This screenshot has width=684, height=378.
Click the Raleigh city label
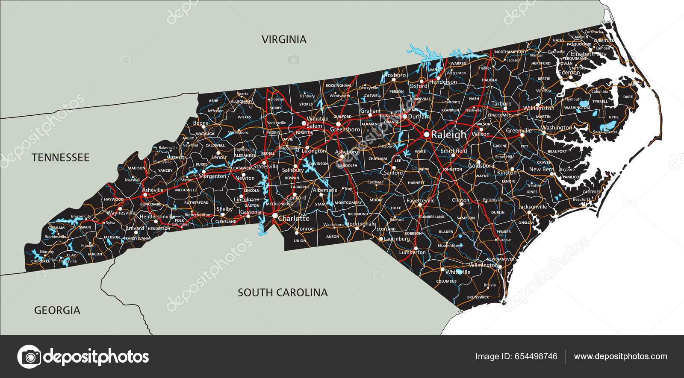tap(448, 135)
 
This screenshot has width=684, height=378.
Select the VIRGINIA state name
tap(284, 40)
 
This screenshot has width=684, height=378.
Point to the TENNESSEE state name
tap(60, 158)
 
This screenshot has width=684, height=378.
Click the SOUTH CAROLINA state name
tap(283, 293)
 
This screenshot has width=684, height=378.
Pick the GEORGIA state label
tap(57, 311)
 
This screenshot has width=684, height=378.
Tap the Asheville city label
tap(153, 190)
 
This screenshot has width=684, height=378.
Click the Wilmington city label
tap(483, 265)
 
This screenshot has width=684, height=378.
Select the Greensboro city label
tap(345, 129)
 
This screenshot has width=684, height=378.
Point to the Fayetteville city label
tap(420, 200)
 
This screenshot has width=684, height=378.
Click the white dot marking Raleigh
tap(426, 134)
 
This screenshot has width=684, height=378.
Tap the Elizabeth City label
tap(588, 54)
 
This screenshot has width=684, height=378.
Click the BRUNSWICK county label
tap(478, 297)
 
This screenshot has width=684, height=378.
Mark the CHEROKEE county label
tap(41, 261)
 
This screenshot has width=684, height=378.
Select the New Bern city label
tap(541, 169)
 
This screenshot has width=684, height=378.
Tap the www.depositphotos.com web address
tap(620, 356)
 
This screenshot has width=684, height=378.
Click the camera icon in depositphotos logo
tap(29, 356)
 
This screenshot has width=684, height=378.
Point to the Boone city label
tap(200, 123)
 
